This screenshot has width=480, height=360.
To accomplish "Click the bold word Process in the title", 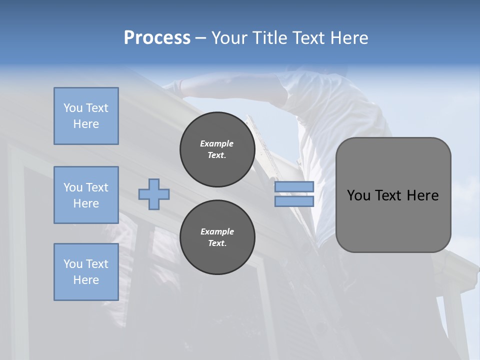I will point(157,38).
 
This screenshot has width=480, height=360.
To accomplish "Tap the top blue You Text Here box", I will point(86,116).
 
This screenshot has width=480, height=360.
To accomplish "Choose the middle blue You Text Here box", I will point(86,195).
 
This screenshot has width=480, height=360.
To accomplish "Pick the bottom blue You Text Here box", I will point(86,272).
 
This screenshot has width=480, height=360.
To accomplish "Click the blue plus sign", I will point(154,194).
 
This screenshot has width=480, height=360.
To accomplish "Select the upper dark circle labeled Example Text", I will point(217,149).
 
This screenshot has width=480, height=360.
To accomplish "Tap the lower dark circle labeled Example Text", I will point(217,237).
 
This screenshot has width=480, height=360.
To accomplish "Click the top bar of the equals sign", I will point(294,187).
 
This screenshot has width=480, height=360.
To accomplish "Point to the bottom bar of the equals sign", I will point(294,201).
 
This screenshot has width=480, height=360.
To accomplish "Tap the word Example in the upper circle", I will point(217,144).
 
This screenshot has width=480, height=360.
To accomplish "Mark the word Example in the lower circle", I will point(217,232).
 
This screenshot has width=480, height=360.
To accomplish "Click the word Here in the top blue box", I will point(86,124).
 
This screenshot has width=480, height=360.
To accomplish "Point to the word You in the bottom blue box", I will point(72,264).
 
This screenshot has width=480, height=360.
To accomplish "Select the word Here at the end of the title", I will point(349,38).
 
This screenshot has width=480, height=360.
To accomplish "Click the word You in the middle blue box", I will point(72,187).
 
